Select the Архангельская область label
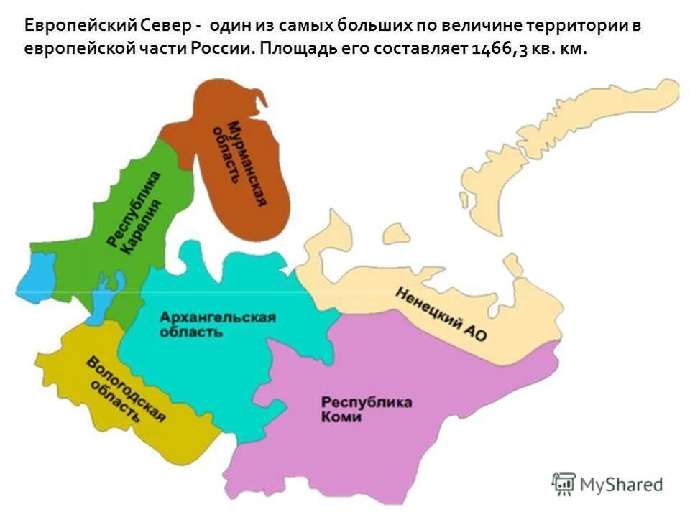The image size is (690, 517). tap(217, 325)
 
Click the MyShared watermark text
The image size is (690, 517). tap(622, 485)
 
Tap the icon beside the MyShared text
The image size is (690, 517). tap(564, 485)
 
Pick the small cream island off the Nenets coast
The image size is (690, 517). tap(395, 233)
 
